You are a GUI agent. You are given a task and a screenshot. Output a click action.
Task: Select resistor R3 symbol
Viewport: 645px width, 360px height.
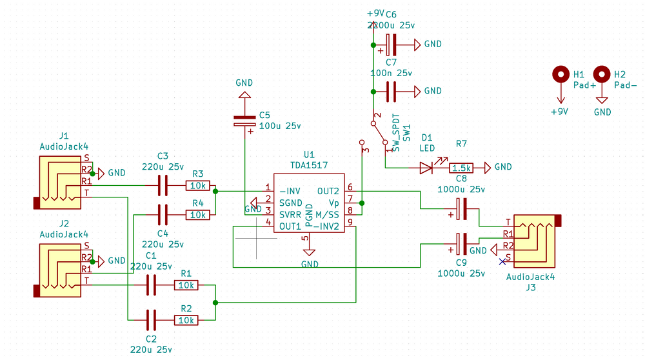[197, 186]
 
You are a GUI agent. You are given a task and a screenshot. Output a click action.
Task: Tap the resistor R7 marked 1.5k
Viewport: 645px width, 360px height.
[461, 168]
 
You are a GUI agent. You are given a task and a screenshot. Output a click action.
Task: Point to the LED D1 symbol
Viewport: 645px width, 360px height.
[427, 168]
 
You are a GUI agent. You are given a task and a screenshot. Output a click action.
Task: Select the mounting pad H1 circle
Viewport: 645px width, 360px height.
[561, 75]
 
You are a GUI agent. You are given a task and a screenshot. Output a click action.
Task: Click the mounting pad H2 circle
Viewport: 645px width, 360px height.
[602, 75]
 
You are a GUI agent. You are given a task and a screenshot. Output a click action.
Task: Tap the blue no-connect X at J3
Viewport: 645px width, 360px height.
[502, 261]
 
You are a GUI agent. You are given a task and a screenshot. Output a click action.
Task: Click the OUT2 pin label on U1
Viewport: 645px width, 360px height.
[328, 191]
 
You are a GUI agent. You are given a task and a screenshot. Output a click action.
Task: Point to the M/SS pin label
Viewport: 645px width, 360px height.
[326, 214]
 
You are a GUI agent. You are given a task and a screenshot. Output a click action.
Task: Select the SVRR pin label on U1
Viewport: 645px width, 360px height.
[290, 214]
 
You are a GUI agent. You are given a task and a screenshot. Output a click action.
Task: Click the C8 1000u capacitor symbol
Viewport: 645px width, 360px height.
[462, 208]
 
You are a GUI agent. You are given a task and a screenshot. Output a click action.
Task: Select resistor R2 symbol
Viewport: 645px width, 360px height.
[186, 319]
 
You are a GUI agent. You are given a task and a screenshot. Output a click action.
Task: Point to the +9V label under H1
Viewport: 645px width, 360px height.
[559, 111]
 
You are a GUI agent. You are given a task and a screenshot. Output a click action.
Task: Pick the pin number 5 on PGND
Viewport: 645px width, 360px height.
[305, 238]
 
